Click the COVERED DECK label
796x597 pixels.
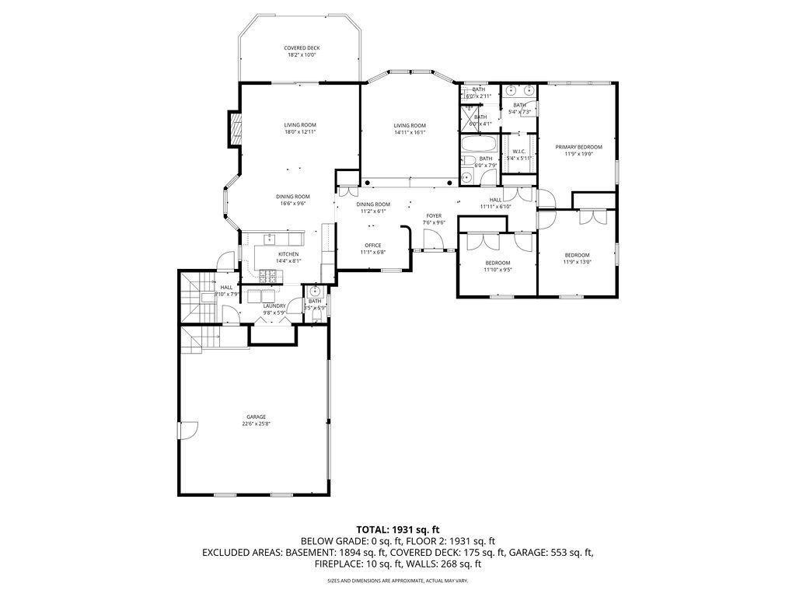pyautogui.click(x=302, y=48)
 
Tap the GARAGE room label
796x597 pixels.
pyautogui.click(x=256, y=417)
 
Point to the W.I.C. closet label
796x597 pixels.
pyautogui.click(x=518, y=151)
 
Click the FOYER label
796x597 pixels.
pyautogui.click(x=434, y=215)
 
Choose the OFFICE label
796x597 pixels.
pyautogui.click(x=372, y=246)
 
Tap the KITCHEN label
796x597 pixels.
pyautogui.click(x=288, y=254)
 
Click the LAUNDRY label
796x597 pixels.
pyautogui.click(x=274, y=305)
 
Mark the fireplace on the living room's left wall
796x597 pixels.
pyautogui.click(x=232, y=129)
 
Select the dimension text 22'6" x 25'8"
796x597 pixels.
pyautogui.click(x=256, y=424)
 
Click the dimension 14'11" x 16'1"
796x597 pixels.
pyautogui.click(x=410, y=132)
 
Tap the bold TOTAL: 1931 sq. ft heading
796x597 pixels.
pyautogui.click(x=398, y=529)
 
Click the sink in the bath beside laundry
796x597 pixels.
pyautogui.click(x=314, y=292)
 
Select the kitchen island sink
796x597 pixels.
pyautogui.click(x=270, y=239)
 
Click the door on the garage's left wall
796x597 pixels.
pyautogui.click(x=183, y=430)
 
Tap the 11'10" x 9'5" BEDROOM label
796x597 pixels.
pyautogui.click(x=497, y=263)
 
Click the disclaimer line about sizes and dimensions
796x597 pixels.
pyautogui.click(x=398, y=580)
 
